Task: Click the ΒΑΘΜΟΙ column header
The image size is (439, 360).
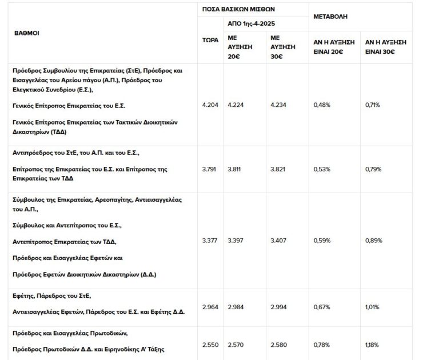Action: [x=26, y=33]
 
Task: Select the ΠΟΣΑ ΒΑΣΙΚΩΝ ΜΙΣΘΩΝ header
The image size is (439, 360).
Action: [x=238, y=9]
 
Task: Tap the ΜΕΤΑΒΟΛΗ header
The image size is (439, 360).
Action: [x=330, y=17]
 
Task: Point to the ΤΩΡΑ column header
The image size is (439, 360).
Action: [x=210, y=40]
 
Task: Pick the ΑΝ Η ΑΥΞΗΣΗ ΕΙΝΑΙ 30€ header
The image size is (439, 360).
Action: [x=385, y=47]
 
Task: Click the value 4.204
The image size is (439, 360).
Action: [x=210, y=105]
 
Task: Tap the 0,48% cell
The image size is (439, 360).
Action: [x=322, y=105]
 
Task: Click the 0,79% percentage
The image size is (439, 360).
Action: [x=373, y=169]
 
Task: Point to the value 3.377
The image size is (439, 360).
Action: [x=210, y=241]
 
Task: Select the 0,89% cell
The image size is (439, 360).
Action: [x=373, y=241]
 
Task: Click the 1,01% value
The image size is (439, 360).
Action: [x=373, y=307]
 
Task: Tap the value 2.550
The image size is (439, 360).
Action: [x=210, y=345]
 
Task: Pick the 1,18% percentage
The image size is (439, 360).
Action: [x=373, y=345]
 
